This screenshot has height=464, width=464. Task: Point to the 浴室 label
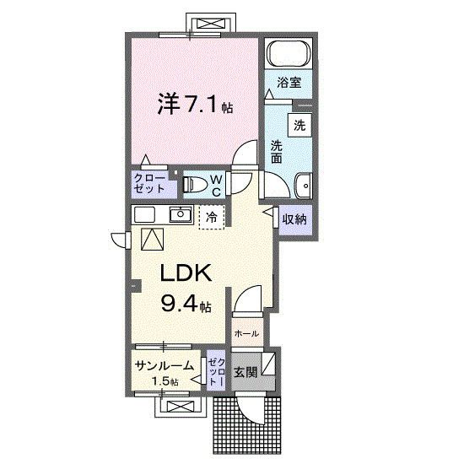coord(289,82)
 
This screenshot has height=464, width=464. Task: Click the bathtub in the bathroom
coord(289,54)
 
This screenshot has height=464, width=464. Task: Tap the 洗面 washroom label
coord(276,152)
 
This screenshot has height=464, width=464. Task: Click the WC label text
coord(216,185)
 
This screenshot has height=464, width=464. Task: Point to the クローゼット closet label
coord(148,183)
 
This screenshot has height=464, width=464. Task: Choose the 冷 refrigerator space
coord(210,217)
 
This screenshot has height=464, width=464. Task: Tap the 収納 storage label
coord(294,219)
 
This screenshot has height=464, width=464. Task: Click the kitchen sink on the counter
coord(179,214)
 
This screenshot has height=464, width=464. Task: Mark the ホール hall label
coord(246,333)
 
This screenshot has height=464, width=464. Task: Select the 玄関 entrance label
coord(245,371)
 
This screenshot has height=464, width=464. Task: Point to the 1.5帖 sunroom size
coord(165,382)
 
